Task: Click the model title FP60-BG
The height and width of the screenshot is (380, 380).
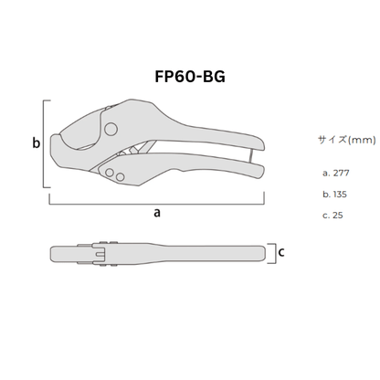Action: coord(189,75)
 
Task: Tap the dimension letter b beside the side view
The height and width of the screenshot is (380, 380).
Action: coord(36,143)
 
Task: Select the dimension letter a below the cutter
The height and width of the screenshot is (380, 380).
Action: coord(157,211)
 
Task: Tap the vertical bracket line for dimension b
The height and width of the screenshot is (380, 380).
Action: coord(47,144)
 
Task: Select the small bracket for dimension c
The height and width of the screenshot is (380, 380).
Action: coord(272,252)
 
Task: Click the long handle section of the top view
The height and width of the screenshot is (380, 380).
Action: coord(192,252)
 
